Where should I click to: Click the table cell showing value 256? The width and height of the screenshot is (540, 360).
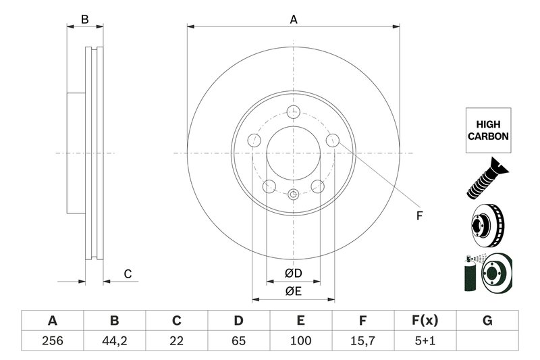[52, 340]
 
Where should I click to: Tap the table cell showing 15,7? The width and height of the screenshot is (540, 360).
[362, 340]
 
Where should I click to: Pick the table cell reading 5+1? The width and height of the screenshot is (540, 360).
[425, 340]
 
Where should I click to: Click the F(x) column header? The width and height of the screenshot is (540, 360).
[425, 320]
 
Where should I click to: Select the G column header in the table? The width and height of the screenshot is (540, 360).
[487, 320]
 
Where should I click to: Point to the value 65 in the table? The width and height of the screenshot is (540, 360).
[238, 340]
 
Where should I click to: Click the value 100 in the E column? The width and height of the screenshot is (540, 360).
[300, 340]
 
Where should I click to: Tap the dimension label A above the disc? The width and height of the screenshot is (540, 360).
[294, 20]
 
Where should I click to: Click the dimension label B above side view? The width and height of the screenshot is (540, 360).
[84, 20]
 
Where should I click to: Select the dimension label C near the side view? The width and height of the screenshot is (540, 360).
[127, 274]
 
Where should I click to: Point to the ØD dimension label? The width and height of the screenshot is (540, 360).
[292, 274]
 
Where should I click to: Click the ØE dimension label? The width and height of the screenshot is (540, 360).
[292, 291]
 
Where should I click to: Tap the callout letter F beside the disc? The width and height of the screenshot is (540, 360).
[418, 216]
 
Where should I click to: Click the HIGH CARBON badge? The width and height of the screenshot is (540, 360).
[487, 131]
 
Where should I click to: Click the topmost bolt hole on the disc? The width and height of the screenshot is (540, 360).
[293, 112]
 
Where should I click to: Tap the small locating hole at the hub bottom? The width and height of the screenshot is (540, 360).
[293, 195]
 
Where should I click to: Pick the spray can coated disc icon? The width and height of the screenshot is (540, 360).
[487, 272]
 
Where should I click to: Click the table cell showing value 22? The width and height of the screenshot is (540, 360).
[177, 340]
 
